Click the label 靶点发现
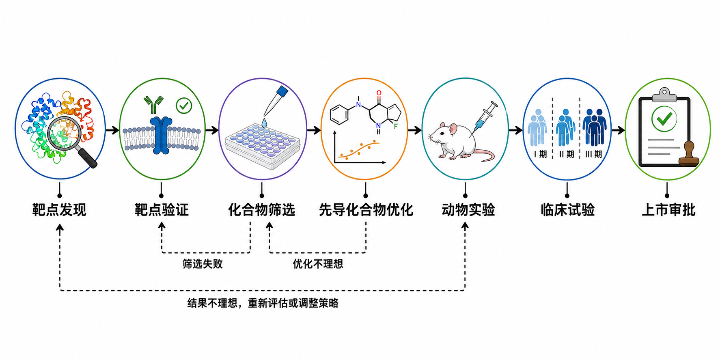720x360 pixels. click(59, 210)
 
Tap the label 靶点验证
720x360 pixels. click(162, 210)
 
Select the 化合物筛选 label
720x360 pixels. click(261, 210)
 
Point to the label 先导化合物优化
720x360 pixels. click(366, 210)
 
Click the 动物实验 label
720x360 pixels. click(468, 210)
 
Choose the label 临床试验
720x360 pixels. click(567, 210)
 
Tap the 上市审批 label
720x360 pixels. click(668, 210)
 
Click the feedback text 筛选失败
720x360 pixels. click(203, 264)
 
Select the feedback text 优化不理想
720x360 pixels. click(318, 264)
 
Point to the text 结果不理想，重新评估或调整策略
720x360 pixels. click(263, 303)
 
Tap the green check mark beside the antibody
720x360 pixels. click(184, 106)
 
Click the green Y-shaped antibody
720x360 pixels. click(153, 105)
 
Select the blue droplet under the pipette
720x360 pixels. click(265, 122)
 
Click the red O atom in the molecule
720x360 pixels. click(379, 93)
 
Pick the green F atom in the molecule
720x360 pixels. click(396, 126)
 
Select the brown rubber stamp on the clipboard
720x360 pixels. click(689, 154)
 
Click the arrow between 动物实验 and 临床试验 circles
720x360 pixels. click(515, 130)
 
